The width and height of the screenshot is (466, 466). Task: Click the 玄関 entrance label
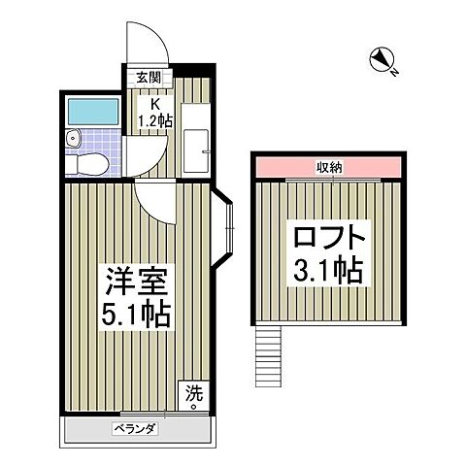148,79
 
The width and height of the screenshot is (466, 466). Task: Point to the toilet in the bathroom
90,163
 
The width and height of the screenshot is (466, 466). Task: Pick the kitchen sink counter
198,150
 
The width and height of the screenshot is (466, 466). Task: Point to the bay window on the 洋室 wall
225,230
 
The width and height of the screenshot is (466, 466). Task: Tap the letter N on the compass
394,68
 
